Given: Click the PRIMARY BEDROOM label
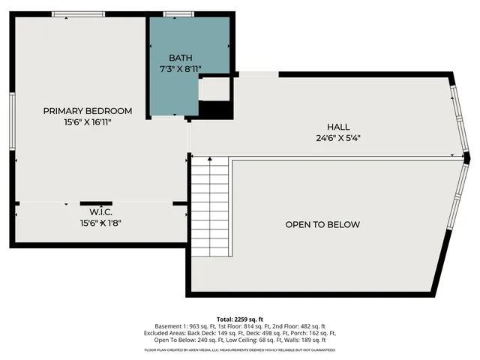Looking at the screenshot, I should [x=88, y=110].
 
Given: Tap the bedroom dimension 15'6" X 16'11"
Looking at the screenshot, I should [x=88, y=121].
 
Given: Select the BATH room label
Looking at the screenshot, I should [x=180, y=58].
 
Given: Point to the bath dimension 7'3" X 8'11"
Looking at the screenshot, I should [x=180, y=68].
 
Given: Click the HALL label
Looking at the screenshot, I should [x=338, y=127].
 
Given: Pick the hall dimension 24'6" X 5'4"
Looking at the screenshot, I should [x=338, y=137].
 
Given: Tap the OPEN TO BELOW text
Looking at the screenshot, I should [x=322, y=224].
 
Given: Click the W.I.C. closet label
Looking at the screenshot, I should [x=91, y=212].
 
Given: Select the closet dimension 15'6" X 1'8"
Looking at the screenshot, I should [x=100, y=223].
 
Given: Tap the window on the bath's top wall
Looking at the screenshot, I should [x=179, y=13].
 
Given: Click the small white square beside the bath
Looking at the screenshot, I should [x=214, y=88].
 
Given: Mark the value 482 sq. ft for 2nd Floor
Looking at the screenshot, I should [x=312, y=326].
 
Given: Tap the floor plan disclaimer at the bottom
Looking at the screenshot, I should [x=239, y=349].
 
